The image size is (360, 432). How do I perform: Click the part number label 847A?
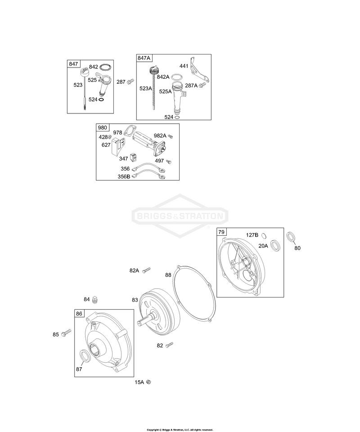pos(144,58)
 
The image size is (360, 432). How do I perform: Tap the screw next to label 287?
pos(130,81)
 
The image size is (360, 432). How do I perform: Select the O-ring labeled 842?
pos(105,67)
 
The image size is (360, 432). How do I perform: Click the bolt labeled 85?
pos(67,333)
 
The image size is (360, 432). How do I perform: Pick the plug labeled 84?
pos(95,300)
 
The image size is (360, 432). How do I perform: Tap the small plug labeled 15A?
pos(149,382)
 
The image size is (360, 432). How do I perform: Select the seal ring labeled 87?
pos(85,355)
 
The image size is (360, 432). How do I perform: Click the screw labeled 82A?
pos(147,270)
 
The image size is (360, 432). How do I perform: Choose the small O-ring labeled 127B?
pos(264,235)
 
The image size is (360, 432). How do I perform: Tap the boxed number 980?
pos(102,127)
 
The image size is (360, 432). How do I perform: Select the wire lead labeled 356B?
pos(148,174)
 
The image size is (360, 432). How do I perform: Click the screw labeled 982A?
pos(170,136)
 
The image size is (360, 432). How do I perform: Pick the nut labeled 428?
pos(110,137)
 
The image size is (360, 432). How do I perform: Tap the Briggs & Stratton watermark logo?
pos(180,216)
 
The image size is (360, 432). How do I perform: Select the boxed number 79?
pos(221,232)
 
